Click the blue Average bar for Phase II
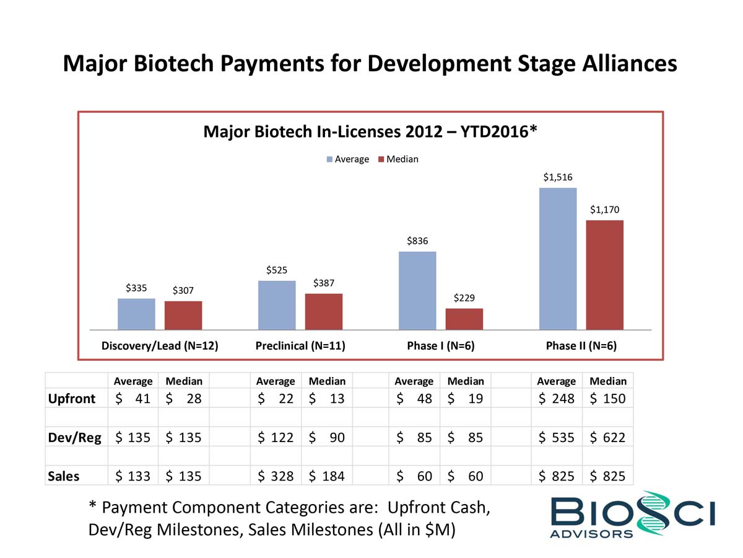click(558, 259)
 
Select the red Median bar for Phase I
click(464, 319)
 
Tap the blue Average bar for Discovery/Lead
click(136, 314)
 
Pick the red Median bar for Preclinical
click(324, 311)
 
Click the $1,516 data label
click(558, 177)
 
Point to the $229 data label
click(464, 298)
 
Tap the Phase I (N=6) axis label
click(440, 346)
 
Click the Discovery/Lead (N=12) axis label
click(160, 346)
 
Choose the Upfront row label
click(72, 398)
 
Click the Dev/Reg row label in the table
click(75, 437)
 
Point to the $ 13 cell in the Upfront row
click(327, 398)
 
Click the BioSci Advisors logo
click(632, 515)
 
